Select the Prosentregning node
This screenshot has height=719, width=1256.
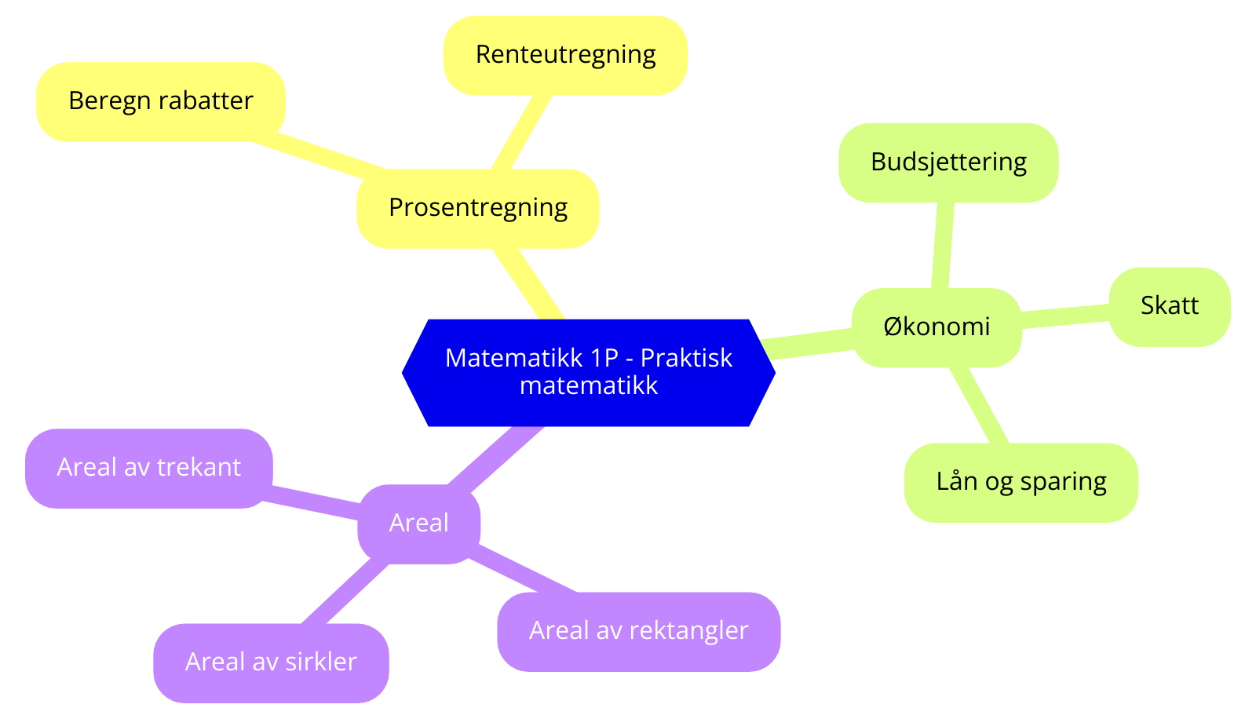pos(477,208)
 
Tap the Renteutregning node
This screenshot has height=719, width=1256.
pos(565,55)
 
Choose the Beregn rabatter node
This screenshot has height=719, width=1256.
pos(160,101)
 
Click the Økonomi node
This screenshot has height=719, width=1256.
pos(936,327)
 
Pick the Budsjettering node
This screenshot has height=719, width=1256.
pos(948,162)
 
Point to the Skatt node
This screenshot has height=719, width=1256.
pos(1169,306)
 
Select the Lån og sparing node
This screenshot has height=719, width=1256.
pos(1020,482)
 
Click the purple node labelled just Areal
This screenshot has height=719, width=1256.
pos(418,524)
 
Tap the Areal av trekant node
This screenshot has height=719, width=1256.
pos(148,468)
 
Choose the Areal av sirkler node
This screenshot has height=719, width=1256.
pos(271,662)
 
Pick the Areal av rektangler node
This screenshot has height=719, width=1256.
pos(638,631)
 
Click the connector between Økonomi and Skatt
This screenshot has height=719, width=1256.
pos(1065,316)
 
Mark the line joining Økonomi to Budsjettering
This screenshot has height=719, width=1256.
pos(942,245)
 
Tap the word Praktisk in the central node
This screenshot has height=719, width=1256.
pos(686,358)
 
